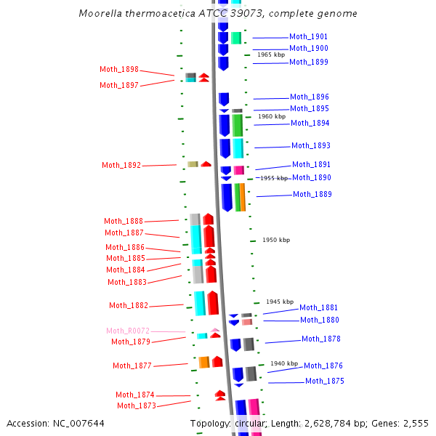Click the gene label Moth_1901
308,36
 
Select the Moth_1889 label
312,194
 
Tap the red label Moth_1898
119,70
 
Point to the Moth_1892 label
121,165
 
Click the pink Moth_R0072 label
128,331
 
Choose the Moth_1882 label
129,305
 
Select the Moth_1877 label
132,366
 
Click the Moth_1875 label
325,381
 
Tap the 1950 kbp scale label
276,240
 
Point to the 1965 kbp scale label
271,54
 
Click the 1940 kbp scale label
284,363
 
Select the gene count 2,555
413,424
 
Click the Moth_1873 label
137,405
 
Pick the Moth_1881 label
319,307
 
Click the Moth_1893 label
311,145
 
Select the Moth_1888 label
124,221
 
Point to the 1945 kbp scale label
280,302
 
